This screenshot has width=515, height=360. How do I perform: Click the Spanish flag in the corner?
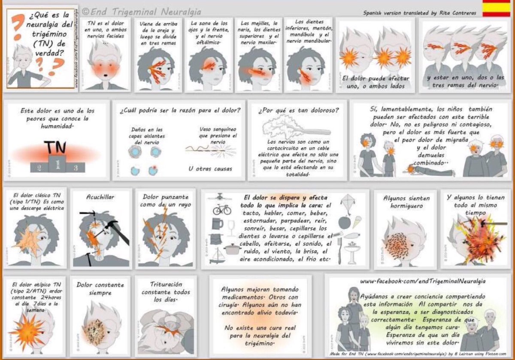(x=496, y=9)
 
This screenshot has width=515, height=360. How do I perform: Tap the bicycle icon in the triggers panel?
(x=222, y=209)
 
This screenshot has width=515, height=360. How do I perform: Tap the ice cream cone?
(x=356, y=221)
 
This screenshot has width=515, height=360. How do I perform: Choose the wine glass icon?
(x=231, y=227)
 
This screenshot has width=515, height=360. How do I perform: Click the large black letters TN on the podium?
(x=56, y=147)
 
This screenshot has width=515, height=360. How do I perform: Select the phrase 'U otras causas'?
(x=210, y=168)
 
